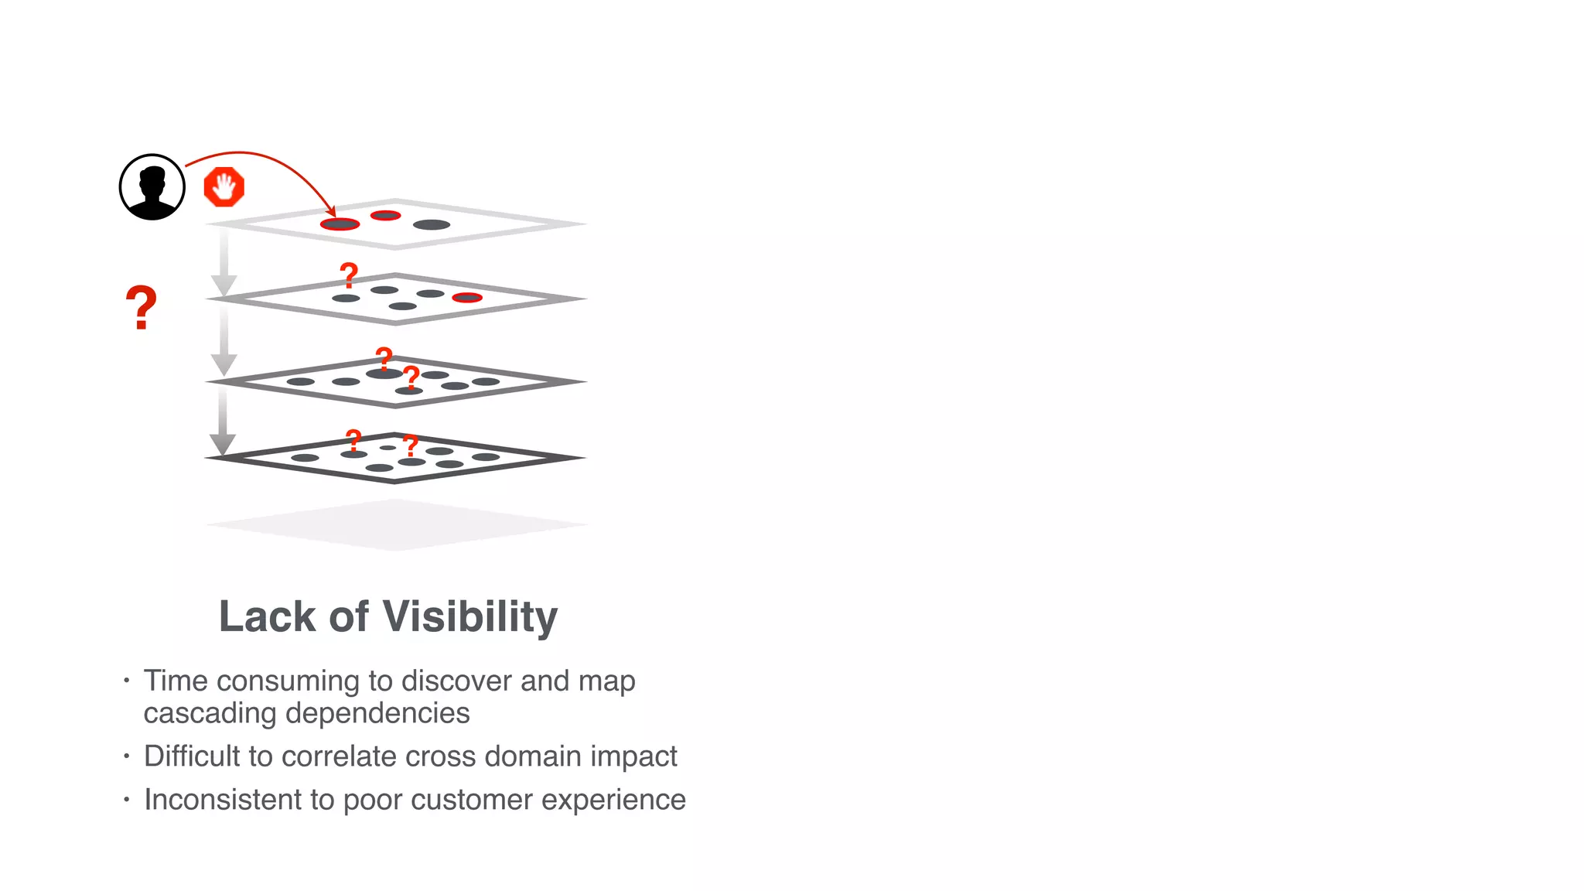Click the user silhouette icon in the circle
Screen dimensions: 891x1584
click(152, 187)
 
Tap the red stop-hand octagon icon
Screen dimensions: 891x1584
click(224, 187)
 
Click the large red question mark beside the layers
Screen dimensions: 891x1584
click(141, 308)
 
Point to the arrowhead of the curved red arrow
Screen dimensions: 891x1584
click(333, 213)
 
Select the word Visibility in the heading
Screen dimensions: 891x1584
click(469, 616)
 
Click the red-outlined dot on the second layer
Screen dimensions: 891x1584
click(467, 298)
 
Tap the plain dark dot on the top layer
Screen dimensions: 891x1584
click(432, 225)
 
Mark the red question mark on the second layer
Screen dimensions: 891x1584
click(350, 275)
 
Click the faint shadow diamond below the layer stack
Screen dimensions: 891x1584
click(396, 524)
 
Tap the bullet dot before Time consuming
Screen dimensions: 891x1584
click(127, 681)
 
